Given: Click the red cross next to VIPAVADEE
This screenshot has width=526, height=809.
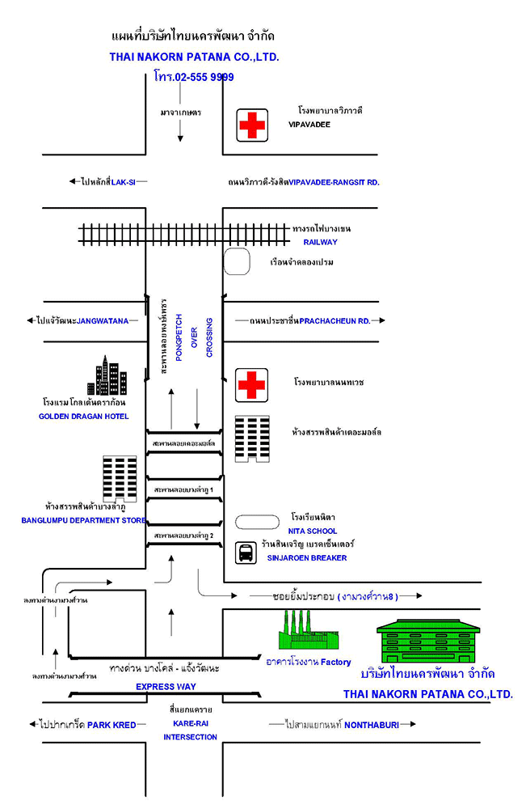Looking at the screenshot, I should click(x=252, y=125).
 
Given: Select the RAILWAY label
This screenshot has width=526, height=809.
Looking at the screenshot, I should click(x=320, y=242).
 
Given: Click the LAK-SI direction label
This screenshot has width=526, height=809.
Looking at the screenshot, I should click(x=123, y=182).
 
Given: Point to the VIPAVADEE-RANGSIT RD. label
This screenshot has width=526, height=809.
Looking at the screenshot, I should click(x=334, y=183).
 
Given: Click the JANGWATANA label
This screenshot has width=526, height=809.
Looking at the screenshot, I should click(x=103, y=321).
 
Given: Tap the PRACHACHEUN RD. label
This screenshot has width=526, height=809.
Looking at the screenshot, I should click(x=335, y=321).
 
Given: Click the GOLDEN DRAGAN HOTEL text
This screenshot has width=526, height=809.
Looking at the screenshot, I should click(x=83, y=417).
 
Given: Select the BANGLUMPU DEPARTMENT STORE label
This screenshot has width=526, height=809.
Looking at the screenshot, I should click(x=84, y=521).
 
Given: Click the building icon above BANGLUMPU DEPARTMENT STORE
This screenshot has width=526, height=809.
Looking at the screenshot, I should click(x=120, y=479).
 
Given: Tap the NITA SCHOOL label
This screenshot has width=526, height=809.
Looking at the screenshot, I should click(x=313, y=532).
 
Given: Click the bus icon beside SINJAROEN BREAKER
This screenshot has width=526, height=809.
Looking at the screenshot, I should click(x=246, y=553).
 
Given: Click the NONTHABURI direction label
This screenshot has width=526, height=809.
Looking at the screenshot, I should click(x=372, y=725).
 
